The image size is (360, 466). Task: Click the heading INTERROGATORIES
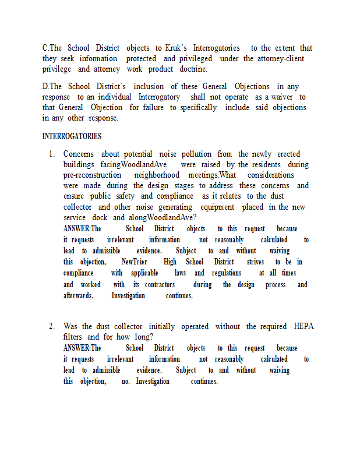point(72,136)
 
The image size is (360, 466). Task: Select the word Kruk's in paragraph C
point(175,48)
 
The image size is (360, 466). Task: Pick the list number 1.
point(51,154)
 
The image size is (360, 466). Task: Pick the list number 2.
point(51,326)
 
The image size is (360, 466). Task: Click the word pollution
point(196,154)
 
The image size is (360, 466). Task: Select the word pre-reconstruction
point(93,175)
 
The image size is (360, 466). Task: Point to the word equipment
point(219,207)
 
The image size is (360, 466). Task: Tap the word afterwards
point(78,295)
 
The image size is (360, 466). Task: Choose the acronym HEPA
point(303,326)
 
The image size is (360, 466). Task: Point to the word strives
point(255,262)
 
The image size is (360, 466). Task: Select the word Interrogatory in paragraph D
point(159,97)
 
